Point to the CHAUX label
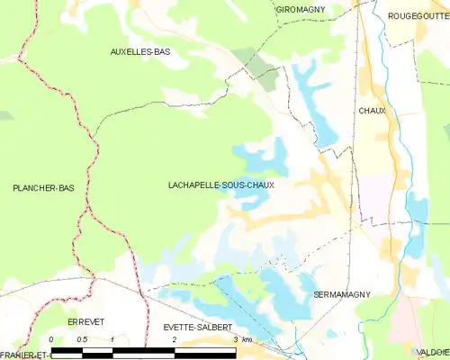click(x=372, y=111)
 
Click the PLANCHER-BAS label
click(x=43, y=188)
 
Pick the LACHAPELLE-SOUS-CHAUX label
click(x=220, y=184)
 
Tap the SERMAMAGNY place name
click(x=341, y=295)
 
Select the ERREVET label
click(x=86, y=321)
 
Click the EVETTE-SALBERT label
click(x=192, y=328)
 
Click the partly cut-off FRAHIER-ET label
click(x=23, y=355)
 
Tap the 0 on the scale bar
click(x=51, y=339)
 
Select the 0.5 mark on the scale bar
click(x=81, y=339)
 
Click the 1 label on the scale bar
click(x=112, y=339)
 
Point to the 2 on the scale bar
click(x=173, y=339)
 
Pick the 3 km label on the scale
click(x=240, y=339)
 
